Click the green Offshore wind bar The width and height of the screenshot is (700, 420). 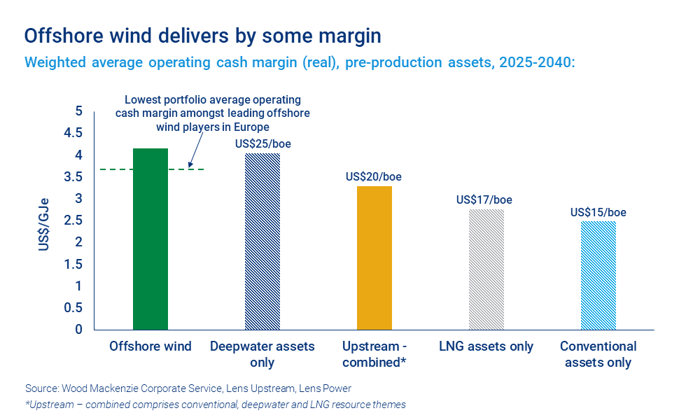[150, 238]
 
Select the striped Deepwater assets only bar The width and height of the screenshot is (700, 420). [262, 241]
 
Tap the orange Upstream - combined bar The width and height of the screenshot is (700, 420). [374, 258]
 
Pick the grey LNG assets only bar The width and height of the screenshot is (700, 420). [486, 269]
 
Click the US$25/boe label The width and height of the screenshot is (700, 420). [262, 144]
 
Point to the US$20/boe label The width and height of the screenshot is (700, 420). [374, 176]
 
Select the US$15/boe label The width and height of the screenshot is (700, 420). [598, 213]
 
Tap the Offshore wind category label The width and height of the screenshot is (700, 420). [150, 346]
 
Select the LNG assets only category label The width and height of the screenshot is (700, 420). [486, 346]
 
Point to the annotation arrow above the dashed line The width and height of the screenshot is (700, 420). [195, 149]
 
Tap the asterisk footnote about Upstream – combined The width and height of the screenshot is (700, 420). [215, 404]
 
